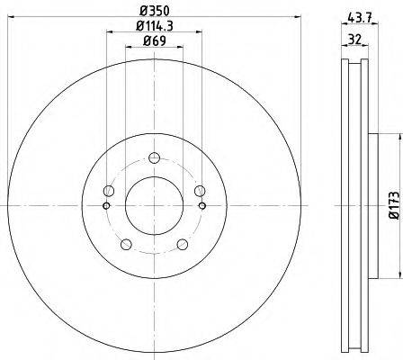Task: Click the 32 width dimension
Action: tap(355, 40)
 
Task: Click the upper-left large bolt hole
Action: tap(109, 190)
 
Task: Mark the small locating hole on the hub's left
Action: tap(107, 206)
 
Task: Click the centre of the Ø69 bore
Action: tap(154, 206)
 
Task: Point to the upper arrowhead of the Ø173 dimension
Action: tap(394, 137)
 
